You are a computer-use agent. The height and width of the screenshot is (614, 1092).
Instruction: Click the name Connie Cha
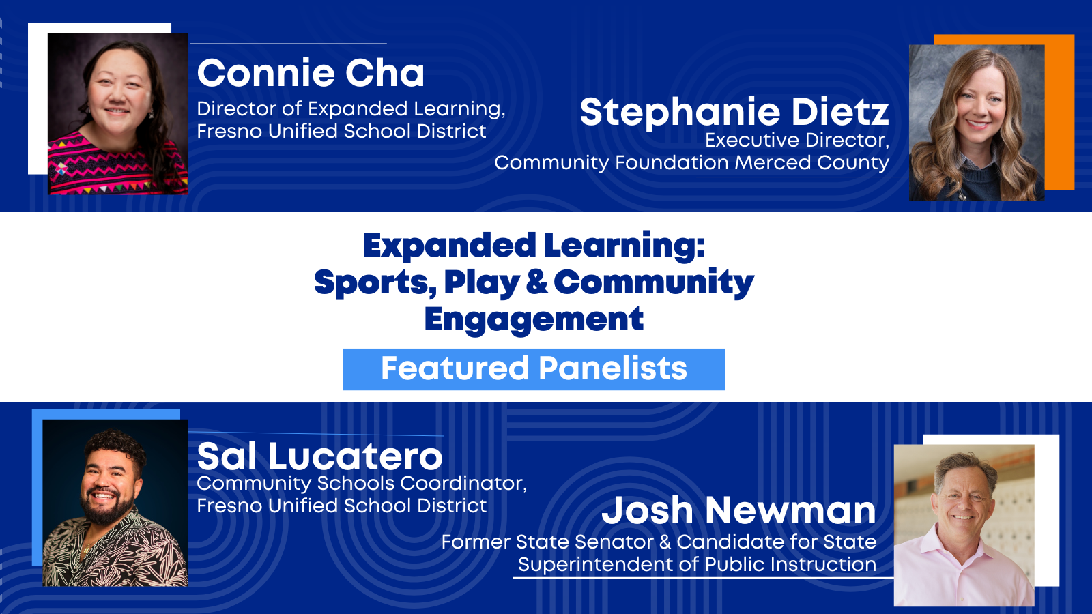pyautogui.click(x=311, y=73)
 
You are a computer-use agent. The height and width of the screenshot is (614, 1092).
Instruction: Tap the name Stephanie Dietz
pyautogui.click(x=734, y=113)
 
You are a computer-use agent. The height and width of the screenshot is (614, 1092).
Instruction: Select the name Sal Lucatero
pyautogui.click(x=320, y=456)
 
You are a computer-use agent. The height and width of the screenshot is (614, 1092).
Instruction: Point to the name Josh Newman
pyautogui.click(x=739, y=510)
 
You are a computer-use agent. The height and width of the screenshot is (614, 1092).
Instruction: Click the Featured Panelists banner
pyautogui.click(x=533, y=369)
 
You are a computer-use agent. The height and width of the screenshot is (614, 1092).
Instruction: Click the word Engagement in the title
pyautogui.click(x=534, y=320)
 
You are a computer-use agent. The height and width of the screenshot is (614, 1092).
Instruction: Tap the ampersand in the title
pyautogui.click(x=536, y=282)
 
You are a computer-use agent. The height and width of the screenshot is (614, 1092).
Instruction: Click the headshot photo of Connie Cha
pyautogui.click(x=117, y=114)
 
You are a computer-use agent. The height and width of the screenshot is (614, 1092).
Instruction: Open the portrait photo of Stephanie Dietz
pyautogui.click(x=977, y=123)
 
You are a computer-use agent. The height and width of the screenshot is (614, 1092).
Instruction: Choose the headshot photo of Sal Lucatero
pyautogui.click(x=115, y=503)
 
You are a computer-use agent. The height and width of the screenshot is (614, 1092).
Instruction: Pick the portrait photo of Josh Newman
pyautogui.click(x=964, y=525)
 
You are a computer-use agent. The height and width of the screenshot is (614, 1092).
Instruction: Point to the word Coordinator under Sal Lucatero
pyautogui.click(x=463, y=484)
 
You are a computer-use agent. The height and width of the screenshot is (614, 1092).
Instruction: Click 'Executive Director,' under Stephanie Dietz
pyautogui.click(x=797, y=141)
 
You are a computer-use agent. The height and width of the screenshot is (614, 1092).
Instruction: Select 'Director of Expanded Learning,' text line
pyautogui.click(x=351, y=108)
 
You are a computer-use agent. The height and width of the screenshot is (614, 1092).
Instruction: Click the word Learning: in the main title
pyautogui.click(x=624, y=246)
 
